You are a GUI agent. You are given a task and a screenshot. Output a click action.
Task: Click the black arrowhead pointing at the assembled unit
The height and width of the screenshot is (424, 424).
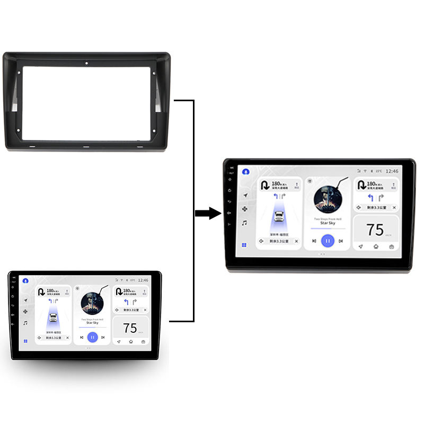click(214, 214)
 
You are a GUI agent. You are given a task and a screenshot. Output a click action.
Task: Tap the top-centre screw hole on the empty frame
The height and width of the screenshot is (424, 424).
click(86, 64)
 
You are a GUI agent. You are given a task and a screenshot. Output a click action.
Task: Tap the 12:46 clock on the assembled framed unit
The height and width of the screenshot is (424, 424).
click(392, 171)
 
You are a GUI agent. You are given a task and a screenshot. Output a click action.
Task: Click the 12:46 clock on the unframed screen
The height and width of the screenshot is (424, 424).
click(143, 279)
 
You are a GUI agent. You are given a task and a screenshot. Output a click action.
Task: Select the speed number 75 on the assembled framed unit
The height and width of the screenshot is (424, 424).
click(375, 229)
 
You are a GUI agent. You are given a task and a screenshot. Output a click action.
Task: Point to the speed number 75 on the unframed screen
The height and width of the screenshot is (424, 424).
click(130, 328)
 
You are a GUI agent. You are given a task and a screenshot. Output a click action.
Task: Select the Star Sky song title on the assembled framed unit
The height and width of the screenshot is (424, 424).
click(328, 223)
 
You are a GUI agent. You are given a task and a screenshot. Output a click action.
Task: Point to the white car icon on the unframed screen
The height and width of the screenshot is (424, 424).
click(53, 317)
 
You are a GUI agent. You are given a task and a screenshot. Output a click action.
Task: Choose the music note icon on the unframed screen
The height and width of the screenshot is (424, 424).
click(25, 323)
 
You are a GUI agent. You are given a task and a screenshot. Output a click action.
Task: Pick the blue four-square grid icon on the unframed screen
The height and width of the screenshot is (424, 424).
click(25, 341)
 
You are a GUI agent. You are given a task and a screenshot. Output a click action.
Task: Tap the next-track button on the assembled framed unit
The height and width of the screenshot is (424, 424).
click(341, 241)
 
